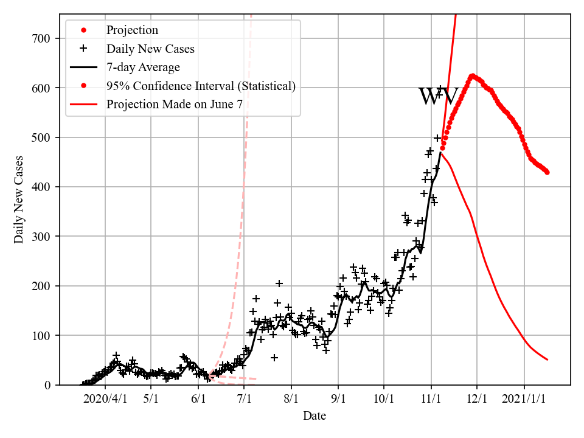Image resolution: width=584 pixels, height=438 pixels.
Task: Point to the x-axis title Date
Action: click(315, 416)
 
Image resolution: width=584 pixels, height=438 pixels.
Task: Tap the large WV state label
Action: click(438, 97)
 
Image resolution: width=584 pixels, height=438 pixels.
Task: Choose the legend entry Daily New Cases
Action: click(150, 49)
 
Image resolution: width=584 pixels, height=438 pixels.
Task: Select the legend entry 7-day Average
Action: click(143, 67)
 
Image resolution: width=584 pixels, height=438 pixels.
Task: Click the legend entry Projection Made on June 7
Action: click(175, 104)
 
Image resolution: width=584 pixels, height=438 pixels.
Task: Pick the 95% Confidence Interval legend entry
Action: click(201, 86)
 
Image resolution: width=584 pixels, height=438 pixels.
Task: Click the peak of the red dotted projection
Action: click(472, 76)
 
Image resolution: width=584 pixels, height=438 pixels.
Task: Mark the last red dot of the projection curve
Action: click(547, 172)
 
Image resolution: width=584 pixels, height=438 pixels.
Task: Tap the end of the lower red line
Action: click(547, 360)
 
